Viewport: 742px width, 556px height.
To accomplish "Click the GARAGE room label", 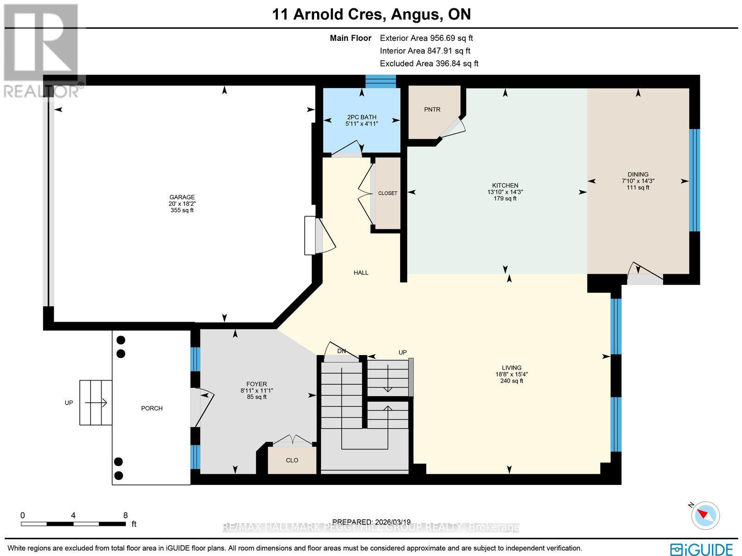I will pyautogui.click(x=182, y=197).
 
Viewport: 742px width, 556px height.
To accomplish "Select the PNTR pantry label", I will pyautogui.click(x=432, y=110).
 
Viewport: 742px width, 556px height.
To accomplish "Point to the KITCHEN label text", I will pyautogui.click(x=505, y=185).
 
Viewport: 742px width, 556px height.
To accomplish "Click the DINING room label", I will pyautogui.click(x=638, y=175).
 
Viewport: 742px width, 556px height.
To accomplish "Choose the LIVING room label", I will pyautogui.click(x=512, y=368).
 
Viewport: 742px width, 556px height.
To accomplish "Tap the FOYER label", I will pyautogui.click(x=256, y=384).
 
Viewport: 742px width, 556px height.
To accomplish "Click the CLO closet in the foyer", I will pyautogui.click(x=292, y=460).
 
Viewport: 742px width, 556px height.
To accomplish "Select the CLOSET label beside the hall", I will pyautogui.click(x=388, y=193).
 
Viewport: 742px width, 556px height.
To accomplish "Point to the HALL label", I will pyautogui.click(x=361, y=272).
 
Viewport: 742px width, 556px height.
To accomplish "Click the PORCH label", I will pyautogui.click(x=152, y=408).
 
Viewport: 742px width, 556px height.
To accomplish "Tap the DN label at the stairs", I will pyautogui.click(x=342, y=351).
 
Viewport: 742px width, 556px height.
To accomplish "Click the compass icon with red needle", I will pyautogui.click(x=705, y=515).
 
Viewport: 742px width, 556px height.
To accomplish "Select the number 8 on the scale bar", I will pyautogui.click(x=125, y=515).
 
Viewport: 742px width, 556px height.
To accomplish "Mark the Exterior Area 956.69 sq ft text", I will pyautogui.click(x=426, y=39).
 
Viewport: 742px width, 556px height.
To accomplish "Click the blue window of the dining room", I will pyautogui.click(x=694, y=180).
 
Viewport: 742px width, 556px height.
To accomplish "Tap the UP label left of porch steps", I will pyautogui.click(x=69, y=403).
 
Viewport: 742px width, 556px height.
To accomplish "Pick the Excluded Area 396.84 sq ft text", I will pyautogui.click(x=429, y=64).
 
